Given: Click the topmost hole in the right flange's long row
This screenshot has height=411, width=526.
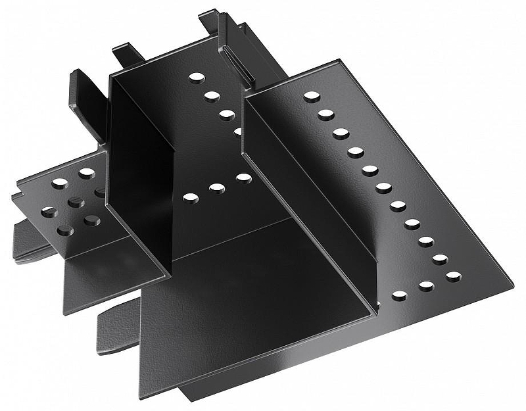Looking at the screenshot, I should [x=312, y=96].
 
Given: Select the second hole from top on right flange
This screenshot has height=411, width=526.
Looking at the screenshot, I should [x=326, y=114].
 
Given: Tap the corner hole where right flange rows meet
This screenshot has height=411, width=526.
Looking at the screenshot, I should [x=453, y=276].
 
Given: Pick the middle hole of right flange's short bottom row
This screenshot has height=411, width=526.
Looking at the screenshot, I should [x=426, y=286].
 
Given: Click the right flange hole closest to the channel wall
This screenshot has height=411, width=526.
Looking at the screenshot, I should [x=399, y=296].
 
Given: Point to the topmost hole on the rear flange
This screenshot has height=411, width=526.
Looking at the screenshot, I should [x=196, y=78].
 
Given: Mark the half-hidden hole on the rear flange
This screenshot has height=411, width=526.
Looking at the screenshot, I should [x=237, y=131].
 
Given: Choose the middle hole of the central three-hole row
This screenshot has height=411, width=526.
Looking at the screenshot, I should [x=217, y=188].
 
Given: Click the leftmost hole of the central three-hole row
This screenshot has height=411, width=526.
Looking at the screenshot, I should [x=190, y=197].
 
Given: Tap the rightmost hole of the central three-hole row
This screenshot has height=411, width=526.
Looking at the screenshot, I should [x=244, y=178].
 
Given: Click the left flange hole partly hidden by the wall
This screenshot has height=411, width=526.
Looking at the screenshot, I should [x=101, y=193].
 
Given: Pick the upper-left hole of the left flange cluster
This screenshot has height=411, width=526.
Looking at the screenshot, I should [x=59, y=183].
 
